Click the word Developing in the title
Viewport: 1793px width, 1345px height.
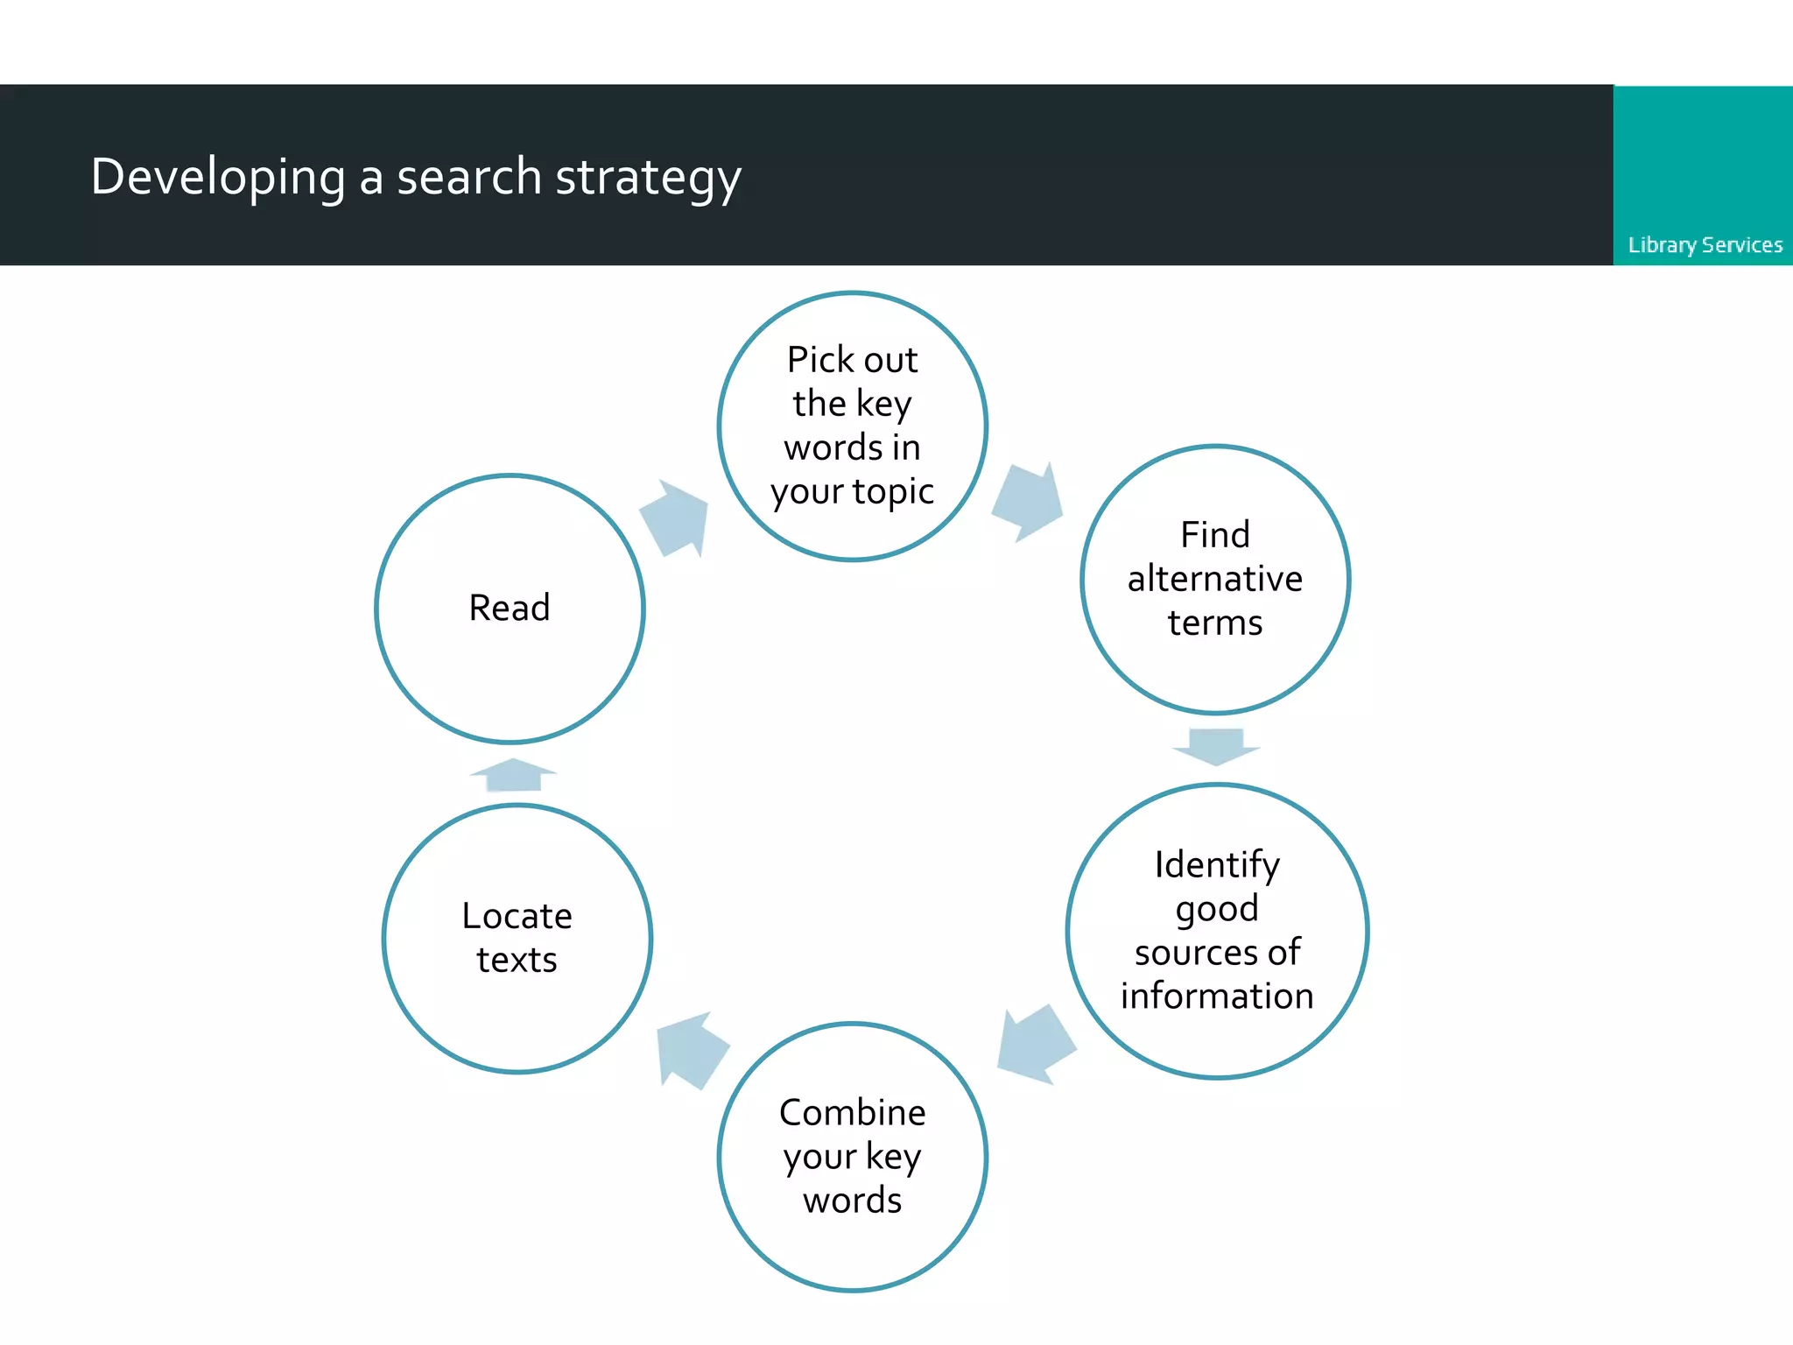[x=218, y=178]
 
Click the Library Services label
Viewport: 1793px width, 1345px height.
[x=1705, y=245]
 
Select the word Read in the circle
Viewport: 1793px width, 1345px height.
[x=510, y=608]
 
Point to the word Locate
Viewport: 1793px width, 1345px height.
[x=517, y=916]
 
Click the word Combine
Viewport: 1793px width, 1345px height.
[x=853, y=1112]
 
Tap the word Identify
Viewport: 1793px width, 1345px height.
[x=1217, y=866]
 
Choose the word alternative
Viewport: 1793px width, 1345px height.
[x=1215, y=579]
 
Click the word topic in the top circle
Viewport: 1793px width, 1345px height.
[x=894, y=493]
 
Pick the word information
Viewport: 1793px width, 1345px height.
[x=1217, y=996]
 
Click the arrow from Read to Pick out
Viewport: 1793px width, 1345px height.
[x=675, y=518]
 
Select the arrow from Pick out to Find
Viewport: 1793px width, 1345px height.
[x=1028, y=502]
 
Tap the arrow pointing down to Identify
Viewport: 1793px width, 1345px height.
[x=1216, y=747]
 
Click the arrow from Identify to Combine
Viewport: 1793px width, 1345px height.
[x=1037, y=1045]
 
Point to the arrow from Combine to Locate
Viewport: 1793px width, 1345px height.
[x=693, y=1051]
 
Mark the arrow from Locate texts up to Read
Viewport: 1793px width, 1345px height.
[x=513, y=775]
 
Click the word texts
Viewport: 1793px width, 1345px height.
[x=517, y=960]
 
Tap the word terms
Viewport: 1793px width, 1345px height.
[x=1215, y=623]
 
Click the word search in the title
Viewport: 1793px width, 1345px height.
[x=469, y=178]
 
